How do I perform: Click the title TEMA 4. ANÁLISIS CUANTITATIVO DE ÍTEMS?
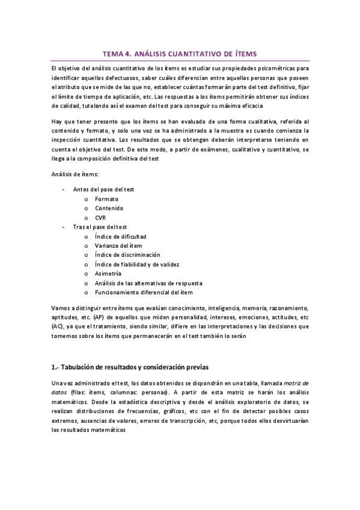[180, 54]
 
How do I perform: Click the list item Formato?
[106, 199]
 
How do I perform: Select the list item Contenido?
[109, 208]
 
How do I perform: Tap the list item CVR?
[101, 218]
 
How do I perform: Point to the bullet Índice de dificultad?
[120, 236]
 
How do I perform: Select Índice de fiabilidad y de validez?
[136, 265]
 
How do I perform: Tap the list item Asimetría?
[108, 274]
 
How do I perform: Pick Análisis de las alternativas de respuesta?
[148, 283]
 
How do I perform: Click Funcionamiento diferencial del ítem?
[143, 292]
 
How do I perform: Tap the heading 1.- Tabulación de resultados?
[130, 367]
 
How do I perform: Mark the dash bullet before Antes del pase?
[64, 189]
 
